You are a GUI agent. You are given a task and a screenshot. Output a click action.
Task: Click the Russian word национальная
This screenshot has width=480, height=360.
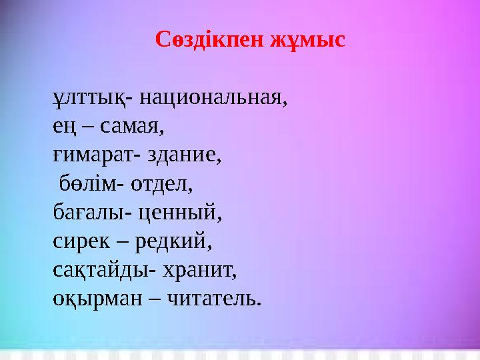[213, 99]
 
